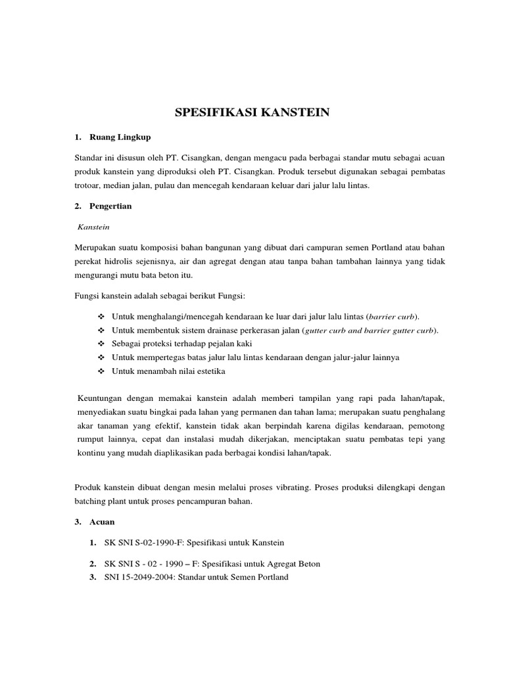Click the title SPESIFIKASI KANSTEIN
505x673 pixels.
(252, 113)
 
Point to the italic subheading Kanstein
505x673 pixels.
(93, 227)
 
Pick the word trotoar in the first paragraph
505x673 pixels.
(88, 186)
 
